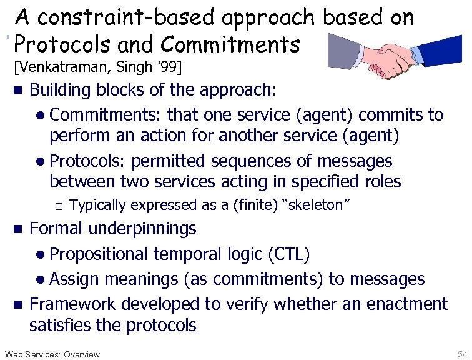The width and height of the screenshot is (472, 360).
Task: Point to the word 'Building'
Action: [60, 90]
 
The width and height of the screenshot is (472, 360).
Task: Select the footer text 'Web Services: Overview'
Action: [52, 354]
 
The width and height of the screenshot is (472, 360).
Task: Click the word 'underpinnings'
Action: [142, 229]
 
